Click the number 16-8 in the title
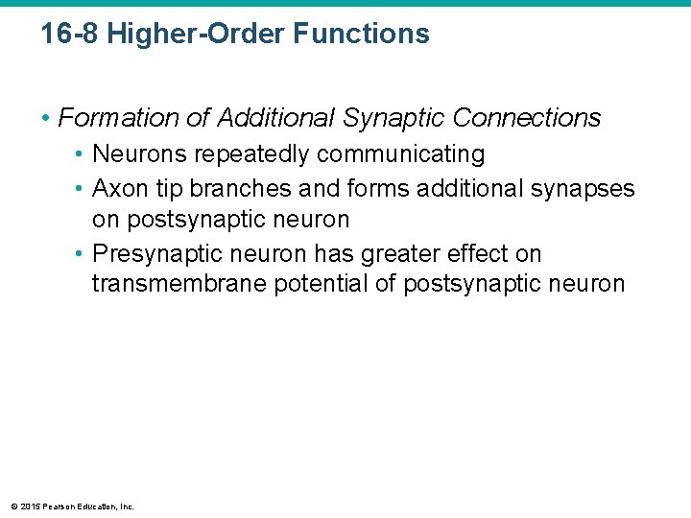[x=70, y=35]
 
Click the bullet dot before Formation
[x=47, y=119]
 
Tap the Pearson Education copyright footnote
[x=73, y=506]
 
